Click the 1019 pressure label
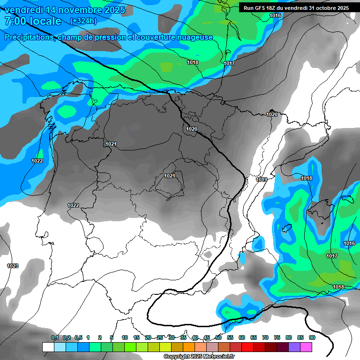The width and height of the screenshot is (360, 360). pos(262,180)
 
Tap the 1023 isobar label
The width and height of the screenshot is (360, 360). pos(13,266)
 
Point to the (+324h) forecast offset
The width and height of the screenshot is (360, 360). pos(83,21)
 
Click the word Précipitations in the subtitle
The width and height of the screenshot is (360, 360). pos(29,37)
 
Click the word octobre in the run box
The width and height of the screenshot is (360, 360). pos(328,8)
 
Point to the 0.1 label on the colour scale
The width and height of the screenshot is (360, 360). pos(54,337)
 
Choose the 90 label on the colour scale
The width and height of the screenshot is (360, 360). pos(312,337)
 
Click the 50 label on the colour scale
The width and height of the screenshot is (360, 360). pos(218,337)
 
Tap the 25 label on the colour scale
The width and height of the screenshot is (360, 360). pos(160,337)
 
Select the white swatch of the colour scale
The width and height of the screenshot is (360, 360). pos(48,347)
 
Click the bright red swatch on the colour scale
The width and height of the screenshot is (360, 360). pos(247,347)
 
